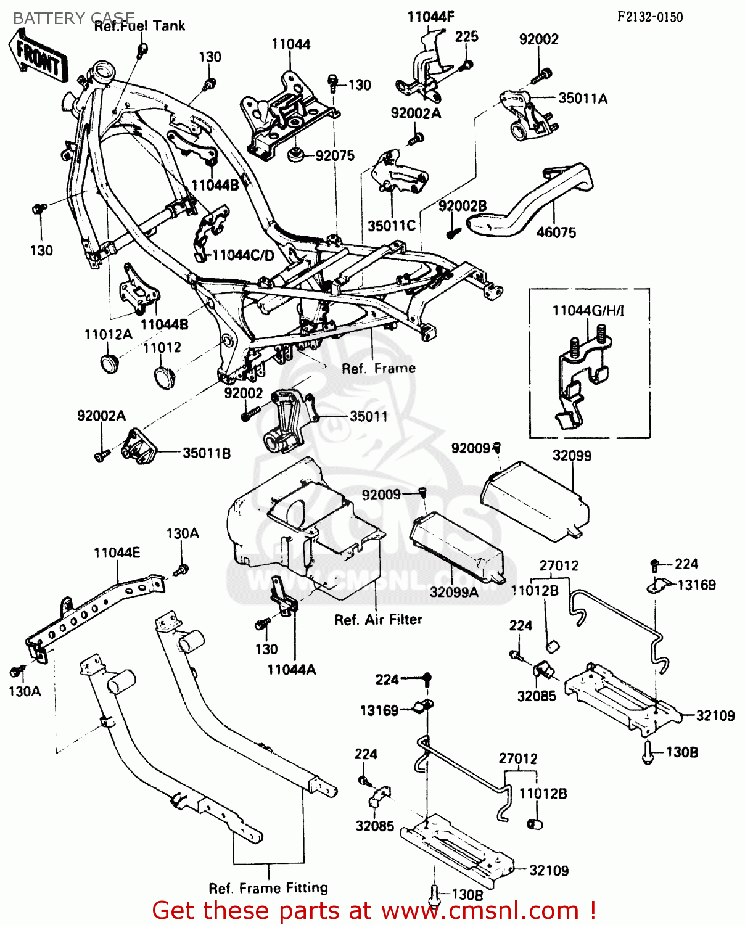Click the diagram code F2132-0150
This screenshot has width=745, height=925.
click(x=650, y=17)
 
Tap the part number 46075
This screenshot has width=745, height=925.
click(x=556, y=232)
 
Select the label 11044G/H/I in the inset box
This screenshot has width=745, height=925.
click(x=588, y=310)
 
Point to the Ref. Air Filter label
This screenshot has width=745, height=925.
click(x=378, y=620)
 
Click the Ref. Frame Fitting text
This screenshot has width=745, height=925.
click(x=268, y=888)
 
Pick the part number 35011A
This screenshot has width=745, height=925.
click(x=583, y=99)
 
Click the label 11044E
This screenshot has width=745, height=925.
click(x=117, y=553)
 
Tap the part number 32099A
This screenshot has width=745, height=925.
click(x=454, y=592)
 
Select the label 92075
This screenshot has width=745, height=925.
click(x=335, y=156)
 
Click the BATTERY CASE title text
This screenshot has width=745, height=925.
click(x=73, y=18)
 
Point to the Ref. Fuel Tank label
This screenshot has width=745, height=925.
click(x=139, y=27)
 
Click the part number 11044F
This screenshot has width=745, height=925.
click(x=430, y=17)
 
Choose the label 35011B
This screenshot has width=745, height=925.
click(x=207, y=453)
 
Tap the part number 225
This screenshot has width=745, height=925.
click(x=467, y=37)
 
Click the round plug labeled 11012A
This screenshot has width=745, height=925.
click(x=110, y=363)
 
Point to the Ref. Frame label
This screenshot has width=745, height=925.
click(x=379, y=369)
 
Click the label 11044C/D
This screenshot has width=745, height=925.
click(x=243, y=255)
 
